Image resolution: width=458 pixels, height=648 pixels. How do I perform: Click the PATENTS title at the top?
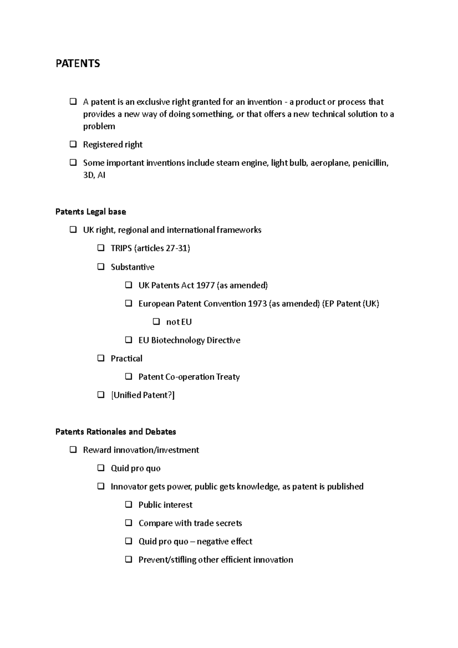pos(78,63)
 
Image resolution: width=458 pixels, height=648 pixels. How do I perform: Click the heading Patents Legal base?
pos(90,212)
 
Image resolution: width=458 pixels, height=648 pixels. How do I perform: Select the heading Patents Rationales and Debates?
pos(116,432)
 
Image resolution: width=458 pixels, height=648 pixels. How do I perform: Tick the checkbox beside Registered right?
pos(73,144)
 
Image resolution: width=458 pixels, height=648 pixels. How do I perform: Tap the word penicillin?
pos(370,163)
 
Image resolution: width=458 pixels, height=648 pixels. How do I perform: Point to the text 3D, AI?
pos(94,175)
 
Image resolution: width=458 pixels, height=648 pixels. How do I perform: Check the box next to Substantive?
pos(101,267)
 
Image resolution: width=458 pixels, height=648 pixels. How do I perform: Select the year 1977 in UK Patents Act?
pos(205,285)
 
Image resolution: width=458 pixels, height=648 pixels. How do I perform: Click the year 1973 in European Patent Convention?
pos(257,304)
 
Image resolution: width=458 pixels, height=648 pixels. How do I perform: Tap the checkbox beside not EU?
pos(156,322)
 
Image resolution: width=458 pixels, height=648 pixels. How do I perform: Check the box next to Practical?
pos(101,358)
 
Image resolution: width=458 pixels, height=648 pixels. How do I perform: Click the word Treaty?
pos(228,377)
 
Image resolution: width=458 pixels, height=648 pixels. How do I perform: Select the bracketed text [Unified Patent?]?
pos(143,395)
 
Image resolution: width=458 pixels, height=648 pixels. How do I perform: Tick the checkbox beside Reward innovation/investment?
pos(73,450)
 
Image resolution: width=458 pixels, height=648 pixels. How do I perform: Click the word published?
pos(345,487)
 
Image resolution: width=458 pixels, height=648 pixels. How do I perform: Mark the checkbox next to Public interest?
pos(129,505)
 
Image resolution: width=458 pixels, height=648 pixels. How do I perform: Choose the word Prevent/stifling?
pos(167,560)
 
